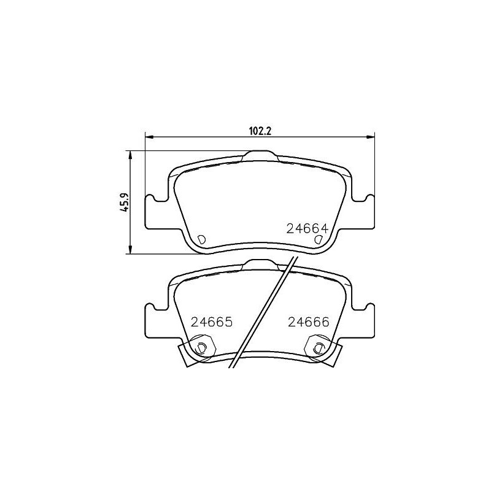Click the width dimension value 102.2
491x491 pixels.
pos(260,130)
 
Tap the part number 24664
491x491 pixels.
pos(309,228)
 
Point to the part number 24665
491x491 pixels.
pos(212,322)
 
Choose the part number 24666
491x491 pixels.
pos(309,322)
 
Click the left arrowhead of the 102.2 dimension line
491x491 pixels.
pos(148,136)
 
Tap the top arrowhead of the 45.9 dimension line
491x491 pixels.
pos(130,154)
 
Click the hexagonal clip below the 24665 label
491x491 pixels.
pos(201,347)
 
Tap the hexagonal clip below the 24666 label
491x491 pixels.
pos(318,347)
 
